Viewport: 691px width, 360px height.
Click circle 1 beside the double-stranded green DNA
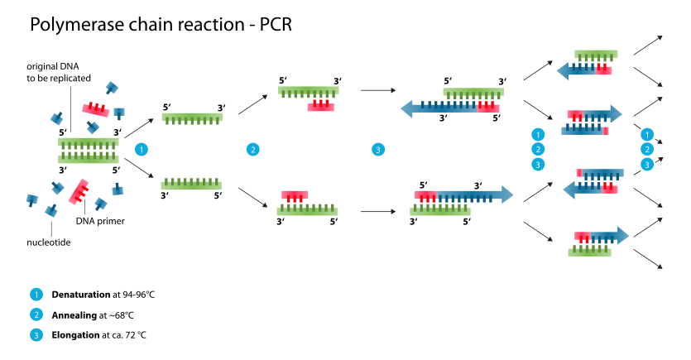pyautogui.click(x=142, y=150)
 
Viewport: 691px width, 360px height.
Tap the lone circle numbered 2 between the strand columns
pyautogui.click(x=252, y=150)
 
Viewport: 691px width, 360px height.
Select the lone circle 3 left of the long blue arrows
pyautogui.click(x=378, y=150)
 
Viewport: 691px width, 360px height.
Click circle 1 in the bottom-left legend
pyautogui.click(x=36, y=295)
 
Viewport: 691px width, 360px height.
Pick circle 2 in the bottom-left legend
pyautogui.click(x=36, y=314)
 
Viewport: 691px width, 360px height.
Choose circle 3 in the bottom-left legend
pyautogui.click(x=36, y=335)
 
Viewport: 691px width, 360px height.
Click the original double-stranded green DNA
pyautogui.click(x=89, y=151)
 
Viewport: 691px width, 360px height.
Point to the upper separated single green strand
pyautogui.click(x=192, y=118)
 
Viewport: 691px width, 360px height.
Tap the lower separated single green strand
pyautogui.click(x=191, y=185)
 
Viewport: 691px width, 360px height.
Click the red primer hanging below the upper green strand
pyautogui.click(x=320, y=107)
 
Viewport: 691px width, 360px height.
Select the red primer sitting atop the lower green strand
pyautogui.click(x=295, y=195)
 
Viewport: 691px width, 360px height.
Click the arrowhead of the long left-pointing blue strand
pyautogui.click(x=406, y=108)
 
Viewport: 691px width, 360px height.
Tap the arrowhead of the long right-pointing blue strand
pyautogui.click(x=507, y=194)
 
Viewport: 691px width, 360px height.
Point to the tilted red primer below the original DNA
pyautogui.click(x=79, y=191)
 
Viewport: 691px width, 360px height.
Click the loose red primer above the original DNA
pyautogui.click(x=95, y=109)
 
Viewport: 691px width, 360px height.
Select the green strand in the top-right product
pyautogui.click(x=596, y=54)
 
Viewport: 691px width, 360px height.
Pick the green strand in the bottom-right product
pyautogui.click(x=589, y=252)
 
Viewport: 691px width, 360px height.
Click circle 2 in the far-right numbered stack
pyautogui.click(x=647, y=149)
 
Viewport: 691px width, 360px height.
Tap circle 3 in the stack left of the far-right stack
pyautogui.click(x=538, y=164)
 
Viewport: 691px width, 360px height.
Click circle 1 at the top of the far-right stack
pyautogui.click(x=647, y=134)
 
